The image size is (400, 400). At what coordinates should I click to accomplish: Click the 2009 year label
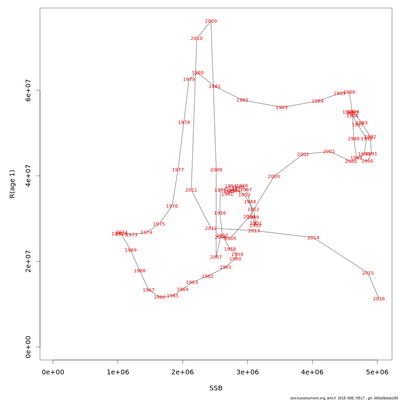[x=211, y=21]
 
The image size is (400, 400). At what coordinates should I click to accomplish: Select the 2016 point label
[x=379, y=299]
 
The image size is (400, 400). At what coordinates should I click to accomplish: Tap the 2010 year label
[x=197, y=39]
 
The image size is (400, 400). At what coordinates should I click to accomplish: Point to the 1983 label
[x=282, y=108]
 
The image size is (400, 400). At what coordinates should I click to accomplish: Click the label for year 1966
[x=160, y=297]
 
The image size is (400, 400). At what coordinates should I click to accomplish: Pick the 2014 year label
[x=313, y=238]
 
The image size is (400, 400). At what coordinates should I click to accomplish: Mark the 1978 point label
[x=184, y=123]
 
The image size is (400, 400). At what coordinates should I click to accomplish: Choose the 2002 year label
[x=303, y=155]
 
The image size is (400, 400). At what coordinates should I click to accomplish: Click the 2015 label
[x=368, y=273]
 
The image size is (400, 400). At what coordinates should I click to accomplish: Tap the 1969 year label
[x=131, y=250]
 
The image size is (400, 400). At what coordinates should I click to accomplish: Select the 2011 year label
[x=191, y=190]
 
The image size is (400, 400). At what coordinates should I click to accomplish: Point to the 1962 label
[x=208, y=277]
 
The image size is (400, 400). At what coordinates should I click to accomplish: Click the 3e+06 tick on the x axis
[x=247, y=372]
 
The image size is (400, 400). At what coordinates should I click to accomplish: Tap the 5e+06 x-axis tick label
[x=377, y=372]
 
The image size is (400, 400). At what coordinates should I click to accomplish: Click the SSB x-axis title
[x=216, y=388]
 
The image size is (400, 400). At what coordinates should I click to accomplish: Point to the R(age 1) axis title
[x=12, y=184]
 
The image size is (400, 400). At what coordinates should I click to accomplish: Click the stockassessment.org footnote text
[x=344, y=398]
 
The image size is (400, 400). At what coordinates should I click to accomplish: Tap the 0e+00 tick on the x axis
[x=53, y=372]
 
